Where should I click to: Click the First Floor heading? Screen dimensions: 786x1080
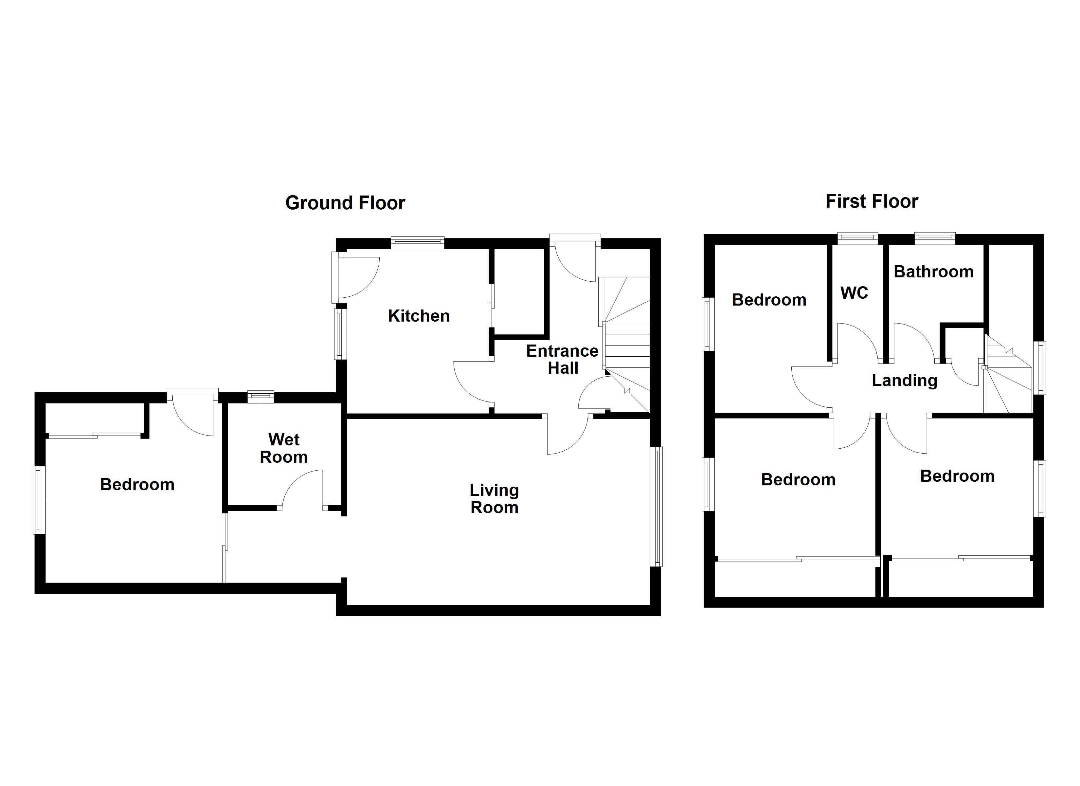point(872,201)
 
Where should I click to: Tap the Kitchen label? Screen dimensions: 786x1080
point(419,316)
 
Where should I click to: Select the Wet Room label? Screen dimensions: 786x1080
point(283,448)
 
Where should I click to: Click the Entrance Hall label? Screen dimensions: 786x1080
point(562,359)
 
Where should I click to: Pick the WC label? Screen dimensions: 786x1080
point(854,293)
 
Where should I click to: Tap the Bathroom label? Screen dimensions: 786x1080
point(933,272)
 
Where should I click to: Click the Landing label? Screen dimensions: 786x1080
point(904,380)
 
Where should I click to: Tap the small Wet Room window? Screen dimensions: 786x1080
point(261,396)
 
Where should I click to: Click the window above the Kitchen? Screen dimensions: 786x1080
point(418,243)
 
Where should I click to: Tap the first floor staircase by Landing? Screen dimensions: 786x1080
point(1007,381)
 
